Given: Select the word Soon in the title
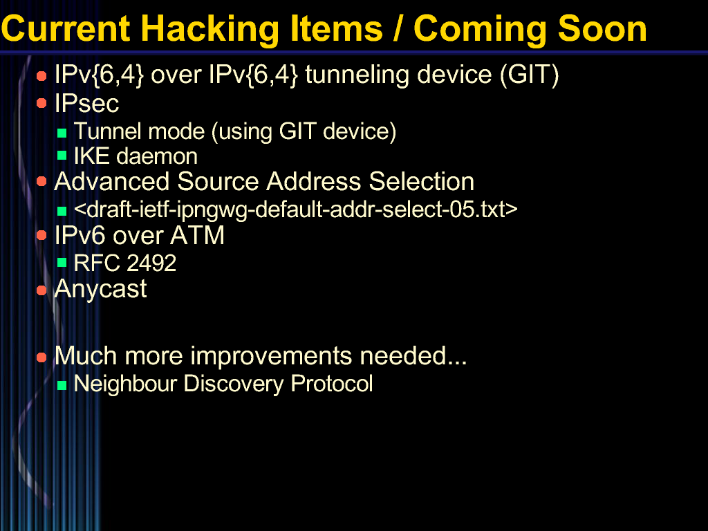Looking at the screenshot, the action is click(602, 29).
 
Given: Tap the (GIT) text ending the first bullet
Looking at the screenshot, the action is click(529, 75).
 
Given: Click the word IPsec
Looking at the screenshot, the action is click(86, 104).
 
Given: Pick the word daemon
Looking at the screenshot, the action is click(157, 156).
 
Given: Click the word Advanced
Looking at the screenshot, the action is click(111, 182).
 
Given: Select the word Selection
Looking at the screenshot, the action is click(421, 182).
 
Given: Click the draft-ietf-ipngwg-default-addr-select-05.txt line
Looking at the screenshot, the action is click(296, 209).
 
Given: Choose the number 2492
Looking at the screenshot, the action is click(151, 263).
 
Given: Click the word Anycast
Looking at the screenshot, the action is click(100, 290).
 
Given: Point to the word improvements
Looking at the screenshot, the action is click(270, 356).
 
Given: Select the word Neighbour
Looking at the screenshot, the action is click(125, 384).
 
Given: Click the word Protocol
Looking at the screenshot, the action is click(331, 383).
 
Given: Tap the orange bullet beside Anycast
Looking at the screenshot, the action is click(41, 290).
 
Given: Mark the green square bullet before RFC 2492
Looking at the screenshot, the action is click(62, 263).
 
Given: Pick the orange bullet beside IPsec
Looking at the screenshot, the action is click(41, 104).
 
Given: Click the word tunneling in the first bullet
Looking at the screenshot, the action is click(357, 75).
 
